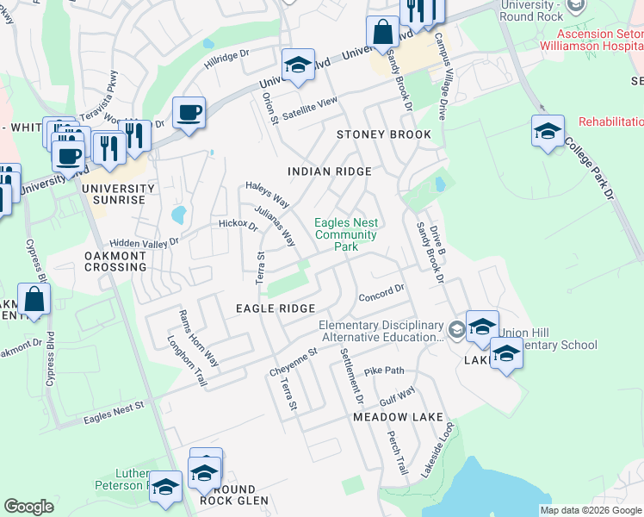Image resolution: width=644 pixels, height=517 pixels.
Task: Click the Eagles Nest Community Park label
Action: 346,234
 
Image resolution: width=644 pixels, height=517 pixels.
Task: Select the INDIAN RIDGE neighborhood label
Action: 330,171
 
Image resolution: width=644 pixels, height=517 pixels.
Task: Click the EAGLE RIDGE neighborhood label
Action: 276,308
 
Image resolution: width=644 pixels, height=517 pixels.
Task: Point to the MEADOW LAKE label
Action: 398,416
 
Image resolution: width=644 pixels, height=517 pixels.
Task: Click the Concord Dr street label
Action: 381,291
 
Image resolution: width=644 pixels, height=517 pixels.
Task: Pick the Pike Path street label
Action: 383,371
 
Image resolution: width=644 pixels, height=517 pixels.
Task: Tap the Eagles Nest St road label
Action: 112,417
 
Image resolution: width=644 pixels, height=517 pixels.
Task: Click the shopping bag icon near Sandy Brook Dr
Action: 381,34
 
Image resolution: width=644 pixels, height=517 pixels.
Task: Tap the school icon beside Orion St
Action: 298,65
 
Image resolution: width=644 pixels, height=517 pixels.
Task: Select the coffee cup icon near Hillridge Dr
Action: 189,113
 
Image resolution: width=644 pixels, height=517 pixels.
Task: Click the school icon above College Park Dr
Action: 548,132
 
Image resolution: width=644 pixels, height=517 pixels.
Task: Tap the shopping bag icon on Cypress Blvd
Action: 34,301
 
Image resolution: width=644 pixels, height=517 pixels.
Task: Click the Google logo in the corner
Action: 28,507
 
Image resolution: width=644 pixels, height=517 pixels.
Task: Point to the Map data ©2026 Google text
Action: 591,510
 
